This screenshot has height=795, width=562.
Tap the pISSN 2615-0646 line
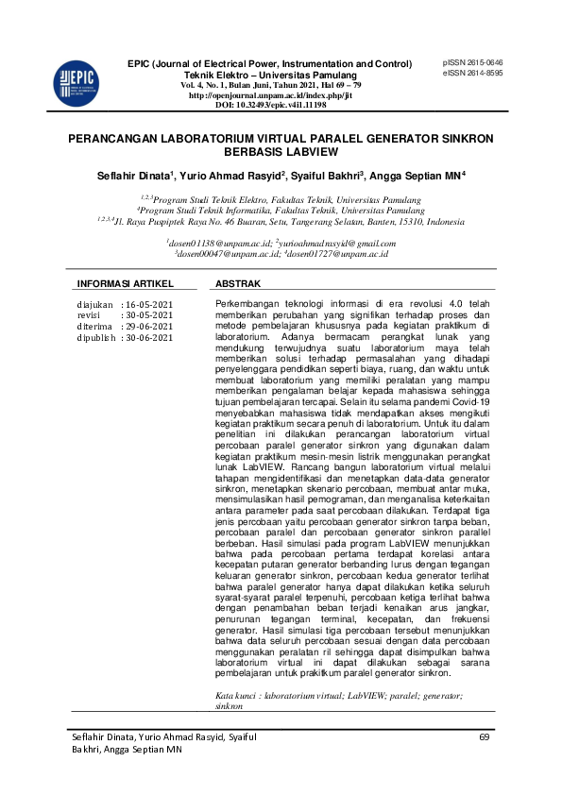[472, 62]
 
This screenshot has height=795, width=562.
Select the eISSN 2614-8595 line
[472, 73]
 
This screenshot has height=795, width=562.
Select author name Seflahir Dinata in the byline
[131, 176]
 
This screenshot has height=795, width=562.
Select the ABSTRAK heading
[238, 283]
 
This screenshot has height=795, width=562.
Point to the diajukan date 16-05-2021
[149, 304]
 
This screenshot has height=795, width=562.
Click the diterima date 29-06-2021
[149, 326]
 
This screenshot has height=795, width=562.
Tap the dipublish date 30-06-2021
[149, 336]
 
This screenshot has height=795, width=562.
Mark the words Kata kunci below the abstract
[235, 695]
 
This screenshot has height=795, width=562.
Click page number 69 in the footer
[485, 736]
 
